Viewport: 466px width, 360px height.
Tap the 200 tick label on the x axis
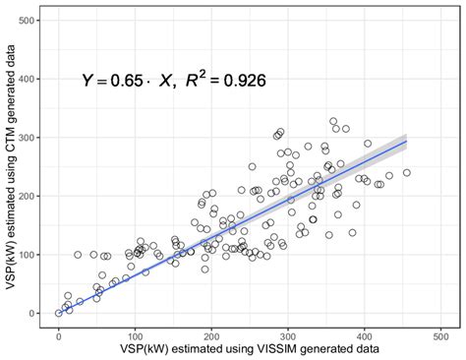(x=211, y=334)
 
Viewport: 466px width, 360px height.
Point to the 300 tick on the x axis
(x=288, y=334)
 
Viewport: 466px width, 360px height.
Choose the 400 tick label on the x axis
(x=365, y=334)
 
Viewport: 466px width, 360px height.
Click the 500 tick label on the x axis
(x=440, y=334)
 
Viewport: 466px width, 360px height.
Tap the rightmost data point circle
(x=407, y=172)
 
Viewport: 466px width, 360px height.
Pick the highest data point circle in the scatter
(x=333, y=122)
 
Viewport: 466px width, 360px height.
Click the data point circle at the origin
(x=59, y=313)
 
